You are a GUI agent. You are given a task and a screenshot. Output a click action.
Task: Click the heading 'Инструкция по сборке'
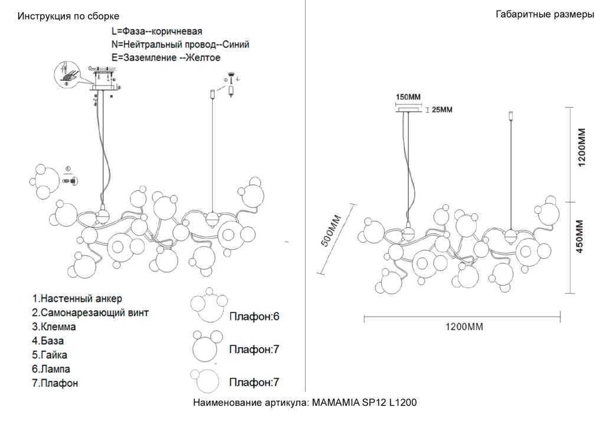68,17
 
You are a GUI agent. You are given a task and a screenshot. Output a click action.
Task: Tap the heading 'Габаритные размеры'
545,15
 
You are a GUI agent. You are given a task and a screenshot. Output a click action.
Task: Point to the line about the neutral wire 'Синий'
180,44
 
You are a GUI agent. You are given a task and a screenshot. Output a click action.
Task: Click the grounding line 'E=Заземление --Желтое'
166,58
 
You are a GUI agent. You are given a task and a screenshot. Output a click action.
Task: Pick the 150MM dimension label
408,97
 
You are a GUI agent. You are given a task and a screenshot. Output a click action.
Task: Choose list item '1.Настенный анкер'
77,299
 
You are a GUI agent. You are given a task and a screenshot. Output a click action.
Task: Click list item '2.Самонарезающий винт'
90,312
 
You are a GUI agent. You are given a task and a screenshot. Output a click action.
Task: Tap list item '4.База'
48,341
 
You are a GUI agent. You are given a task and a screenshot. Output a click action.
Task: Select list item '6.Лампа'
51,369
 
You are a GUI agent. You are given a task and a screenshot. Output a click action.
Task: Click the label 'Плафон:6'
254,317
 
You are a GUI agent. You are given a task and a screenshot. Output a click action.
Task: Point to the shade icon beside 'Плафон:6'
208,307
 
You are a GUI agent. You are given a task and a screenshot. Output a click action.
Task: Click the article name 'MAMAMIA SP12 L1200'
364,403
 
